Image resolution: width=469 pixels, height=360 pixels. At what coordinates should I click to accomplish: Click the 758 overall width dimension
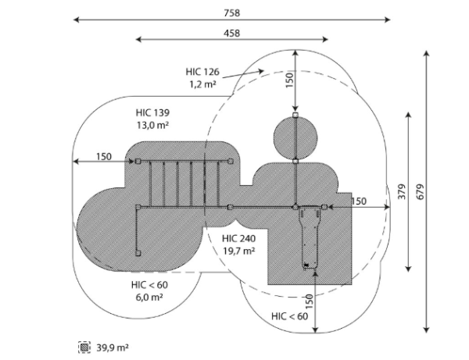[x=232, y=13]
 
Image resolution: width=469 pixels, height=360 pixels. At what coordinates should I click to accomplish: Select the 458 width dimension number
[x=232, y=33]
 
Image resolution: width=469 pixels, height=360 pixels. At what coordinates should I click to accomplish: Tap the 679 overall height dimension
[x=421, y=192]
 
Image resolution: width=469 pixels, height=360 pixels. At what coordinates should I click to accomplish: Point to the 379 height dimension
[x=402, y=192]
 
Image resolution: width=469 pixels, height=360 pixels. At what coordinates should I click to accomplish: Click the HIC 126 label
[x=202, y=72]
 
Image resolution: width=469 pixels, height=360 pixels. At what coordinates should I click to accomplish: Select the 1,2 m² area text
[x=202, y=84]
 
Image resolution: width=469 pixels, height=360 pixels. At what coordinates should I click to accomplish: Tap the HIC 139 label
[x=152, y=112]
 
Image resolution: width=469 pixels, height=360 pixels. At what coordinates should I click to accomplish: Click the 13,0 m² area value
[x=152, y=125]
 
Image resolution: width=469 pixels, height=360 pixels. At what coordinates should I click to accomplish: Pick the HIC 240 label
[x=238, y=238]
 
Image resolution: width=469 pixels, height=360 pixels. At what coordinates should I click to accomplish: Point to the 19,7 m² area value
[x=238, y=251]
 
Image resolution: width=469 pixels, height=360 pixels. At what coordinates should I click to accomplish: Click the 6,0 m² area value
[x=149, y=298]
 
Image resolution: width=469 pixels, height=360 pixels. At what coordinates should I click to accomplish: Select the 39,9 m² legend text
[x=113, y=348]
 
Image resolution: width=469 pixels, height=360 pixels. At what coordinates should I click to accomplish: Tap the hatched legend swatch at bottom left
[x=84, y=348]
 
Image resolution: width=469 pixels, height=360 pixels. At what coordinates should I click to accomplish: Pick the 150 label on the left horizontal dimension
[x=104, y=156]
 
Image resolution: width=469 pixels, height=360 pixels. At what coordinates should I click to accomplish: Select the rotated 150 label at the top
[x=289, y=80]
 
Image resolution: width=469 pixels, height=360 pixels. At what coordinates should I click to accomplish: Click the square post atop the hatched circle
[x=295, y=116]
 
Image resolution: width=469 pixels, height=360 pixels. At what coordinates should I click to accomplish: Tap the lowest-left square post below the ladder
[x=138, y=253]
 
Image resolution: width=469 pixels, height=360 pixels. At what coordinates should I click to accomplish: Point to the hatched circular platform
[x=295, y=138]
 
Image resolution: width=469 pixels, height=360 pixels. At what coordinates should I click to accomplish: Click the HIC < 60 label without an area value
[x=289, y=316]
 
